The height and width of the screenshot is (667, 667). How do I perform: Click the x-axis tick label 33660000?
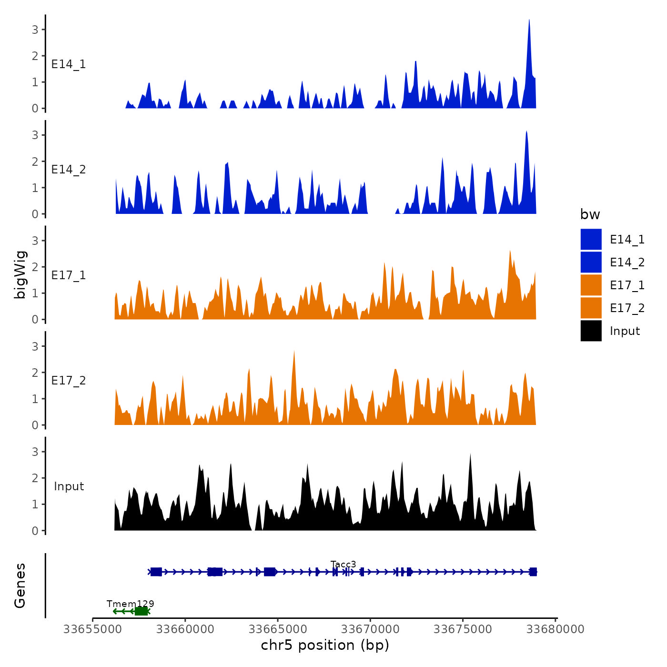[x=185, y=629]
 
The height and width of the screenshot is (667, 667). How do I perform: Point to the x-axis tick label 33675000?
[x=463, y=629]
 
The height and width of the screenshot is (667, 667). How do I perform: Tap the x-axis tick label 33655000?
[x=92, y=629]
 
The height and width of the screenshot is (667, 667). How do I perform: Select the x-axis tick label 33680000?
[x=555, y=629]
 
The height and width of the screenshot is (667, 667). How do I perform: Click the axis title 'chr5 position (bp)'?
[x=325, y=645]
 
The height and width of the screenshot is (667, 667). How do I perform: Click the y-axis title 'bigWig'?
[x=20, y=275]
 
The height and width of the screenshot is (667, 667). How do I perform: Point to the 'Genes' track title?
[x=20, y=586]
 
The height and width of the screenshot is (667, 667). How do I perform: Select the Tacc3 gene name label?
[x=343, y=565]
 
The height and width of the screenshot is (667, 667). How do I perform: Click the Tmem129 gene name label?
[x=130, y=604]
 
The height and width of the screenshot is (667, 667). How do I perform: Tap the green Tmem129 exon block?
[x=141, y=611]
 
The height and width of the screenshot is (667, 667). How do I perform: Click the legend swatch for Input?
[x=591, y=331]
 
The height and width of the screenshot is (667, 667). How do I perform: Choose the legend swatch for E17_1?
[x=591, y=285]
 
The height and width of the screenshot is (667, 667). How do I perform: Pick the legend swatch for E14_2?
[x=591, y=262]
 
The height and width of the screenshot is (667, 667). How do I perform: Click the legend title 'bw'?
[x=590, y=214]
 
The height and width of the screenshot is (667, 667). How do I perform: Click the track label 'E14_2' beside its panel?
[x=69, y=170]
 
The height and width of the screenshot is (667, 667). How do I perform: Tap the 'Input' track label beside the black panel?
[x=69, y=486]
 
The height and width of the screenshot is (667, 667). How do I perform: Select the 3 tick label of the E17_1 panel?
[x=35, y=241]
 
